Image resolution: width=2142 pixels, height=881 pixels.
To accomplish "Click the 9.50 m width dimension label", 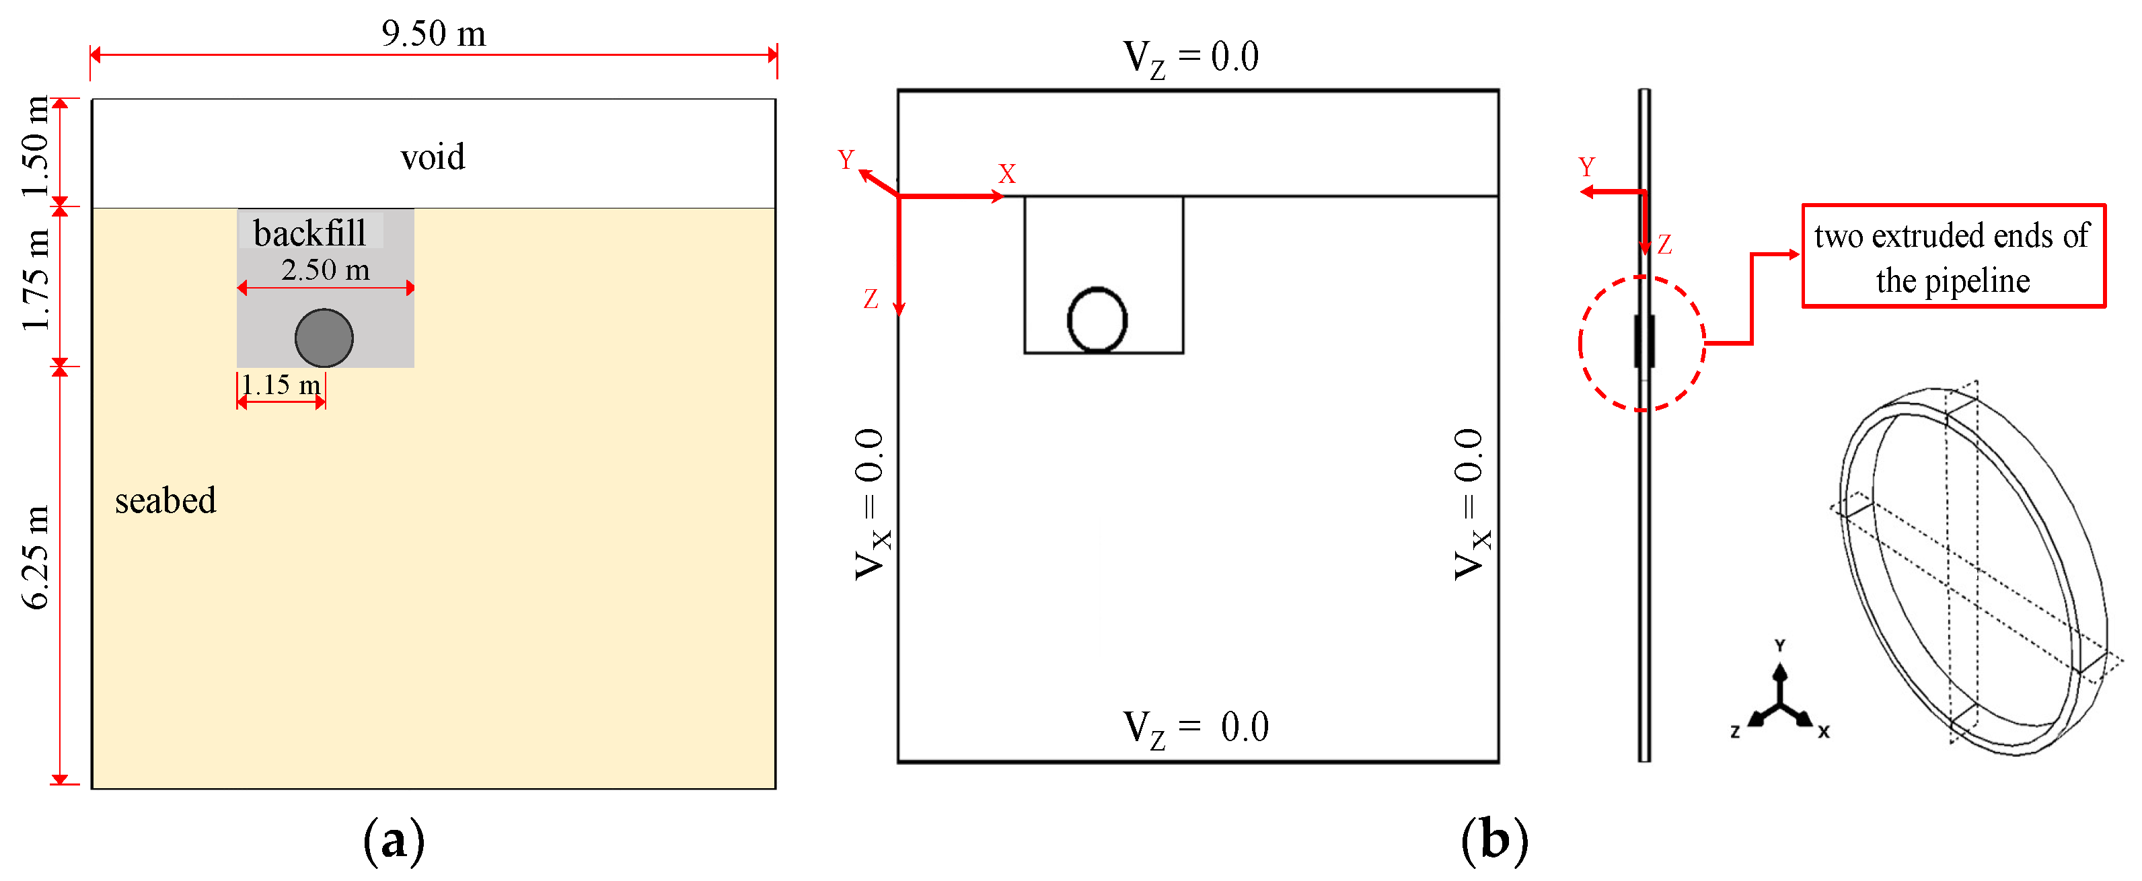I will click(x=433, y=33).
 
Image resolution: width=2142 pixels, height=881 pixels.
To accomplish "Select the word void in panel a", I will click(x=433, y=156).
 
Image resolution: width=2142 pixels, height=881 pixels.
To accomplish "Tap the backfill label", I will click(x=309, y=233).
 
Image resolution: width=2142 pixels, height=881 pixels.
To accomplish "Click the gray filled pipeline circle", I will click(x=324, y=338).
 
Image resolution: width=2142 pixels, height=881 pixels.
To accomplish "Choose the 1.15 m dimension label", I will click(x=281, y=385).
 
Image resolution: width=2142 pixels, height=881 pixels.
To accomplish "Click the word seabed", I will click(x=165, y=500).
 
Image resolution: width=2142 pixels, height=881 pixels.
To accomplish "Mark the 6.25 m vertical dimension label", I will click(x=36, y=557).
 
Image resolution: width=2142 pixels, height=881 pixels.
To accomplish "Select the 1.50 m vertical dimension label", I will click(x=36, y=147).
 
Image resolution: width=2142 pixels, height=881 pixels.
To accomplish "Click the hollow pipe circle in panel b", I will click(x=1097, y=320).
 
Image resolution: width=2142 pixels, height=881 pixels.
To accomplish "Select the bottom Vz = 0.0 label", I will click(x=1195, y=728).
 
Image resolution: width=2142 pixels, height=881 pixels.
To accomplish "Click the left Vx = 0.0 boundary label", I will click(x=871, y=504).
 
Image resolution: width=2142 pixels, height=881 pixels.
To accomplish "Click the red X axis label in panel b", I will click(x=1007, y=174).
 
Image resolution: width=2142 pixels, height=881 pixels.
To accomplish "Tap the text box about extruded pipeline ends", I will click(x=1952, y=257).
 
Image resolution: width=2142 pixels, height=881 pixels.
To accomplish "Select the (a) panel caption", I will click(x=394, y=841).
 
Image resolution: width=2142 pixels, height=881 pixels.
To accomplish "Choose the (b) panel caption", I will click(x=1494, y=841).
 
